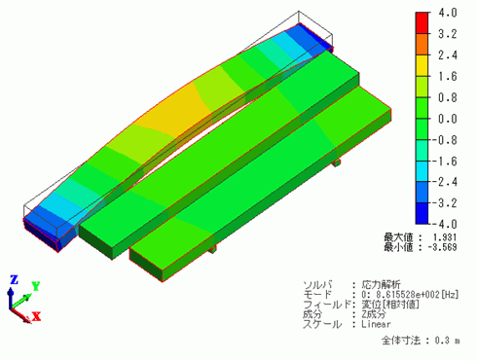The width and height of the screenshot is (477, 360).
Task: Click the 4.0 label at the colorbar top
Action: coord(448,13)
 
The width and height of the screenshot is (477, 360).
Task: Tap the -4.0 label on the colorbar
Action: coord(445,224)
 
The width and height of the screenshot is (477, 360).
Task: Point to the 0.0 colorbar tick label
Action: coord(448,119)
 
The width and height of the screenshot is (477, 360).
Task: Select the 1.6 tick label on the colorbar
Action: coord(448,77)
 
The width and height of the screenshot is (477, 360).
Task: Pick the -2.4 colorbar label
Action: coord(445,182)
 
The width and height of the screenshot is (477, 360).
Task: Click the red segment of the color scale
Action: coord(422,22)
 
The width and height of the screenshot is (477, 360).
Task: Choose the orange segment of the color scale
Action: coord(422,44)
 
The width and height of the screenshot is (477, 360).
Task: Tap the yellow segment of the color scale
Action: coord(422,65)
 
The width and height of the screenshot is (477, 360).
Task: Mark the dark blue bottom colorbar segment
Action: coord(422,213)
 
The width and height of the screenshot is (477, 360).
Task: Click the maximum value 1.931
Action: coord(445,237)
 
